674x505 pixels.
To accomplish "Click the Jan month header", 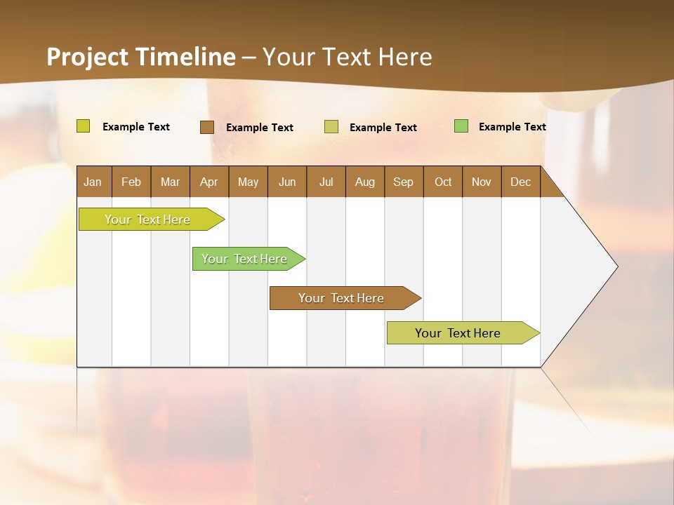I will (x=93, y=182).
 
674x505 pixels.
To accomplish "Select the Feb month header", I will (x=131, y=182).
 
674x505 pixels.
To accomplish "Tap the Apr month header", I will (x=209, y=182).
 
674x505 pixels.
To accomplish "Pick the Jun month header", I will (x=287, y=182).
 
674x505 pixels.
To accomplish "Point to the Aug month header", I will (x=365, y=182).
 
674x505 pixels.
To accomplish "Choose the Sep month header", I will (x=403, y=182).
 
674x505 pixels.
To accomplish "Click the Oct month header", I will (x=443, y=182).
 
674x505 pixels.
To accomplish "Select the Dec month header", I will (x=520, y=182).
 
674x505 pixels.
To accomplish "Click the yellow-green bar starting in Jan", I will (x=147, y=220).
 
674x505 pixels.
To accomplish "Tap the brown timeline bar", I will (x=342, y=298).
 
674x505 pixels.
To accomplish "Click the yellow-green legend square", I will (x=84, y=126).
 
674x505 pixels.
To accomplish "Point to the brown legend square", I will (x=207, y=127).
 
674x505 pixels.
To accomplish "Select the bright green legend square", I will (x=461, y=126).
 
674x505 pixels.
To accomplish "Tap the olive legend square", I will (x=331, y=127).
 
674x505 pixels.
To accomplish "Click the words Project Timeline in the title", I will (x=140, y=57).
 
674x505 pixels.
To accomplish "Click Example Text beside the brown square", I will (x=260, y=128).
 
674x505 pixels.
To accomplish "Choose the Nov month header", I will (x=482, y=182).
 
